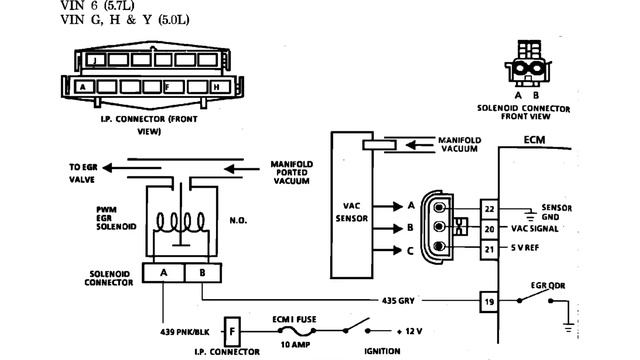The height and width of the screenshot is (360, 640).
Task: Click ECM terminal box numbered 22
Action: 489,207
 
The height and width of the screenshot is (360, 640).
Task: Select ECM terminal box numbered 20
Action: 489,227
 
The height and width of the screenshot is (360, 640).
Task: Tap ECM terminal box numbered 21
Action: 489,247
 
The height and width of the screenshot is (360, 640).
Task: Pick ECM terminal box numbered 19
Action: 489,300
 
